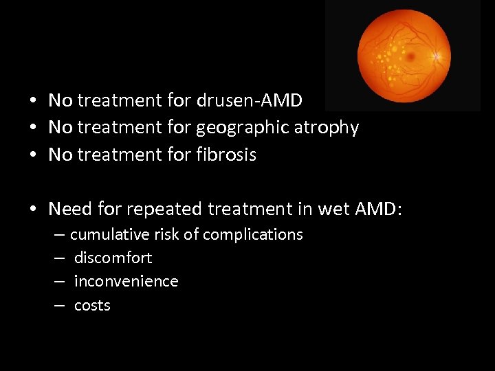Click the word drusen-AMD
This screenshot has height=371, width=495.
250,101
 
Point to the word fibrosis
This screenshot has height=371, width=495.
226,155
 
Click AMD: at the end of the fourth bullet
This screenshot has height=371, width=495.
377,208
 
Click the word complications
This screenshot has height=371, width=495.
252,235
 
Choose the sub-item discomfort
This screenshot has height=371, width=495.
113,258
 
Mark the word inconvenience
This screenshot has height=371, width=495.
126,282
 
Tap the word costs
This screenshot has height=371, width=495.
92,306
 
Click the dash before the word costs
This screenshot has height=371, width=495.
60,306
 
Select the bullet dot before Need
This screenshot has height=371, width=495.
33,209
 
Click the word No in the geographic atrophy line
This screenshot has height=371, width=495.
60,128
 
